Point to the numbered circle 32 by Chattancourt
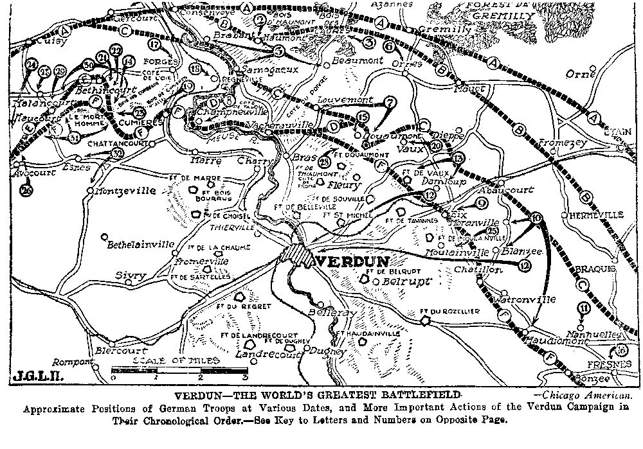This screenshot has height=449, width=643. point(116,154)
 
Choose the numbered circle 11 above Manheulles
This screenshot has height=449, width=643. point(583,309)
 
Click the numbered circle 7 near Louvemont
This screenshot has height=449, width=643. point(390,101)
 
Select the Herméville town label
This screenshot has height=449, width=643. point(592,216)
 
